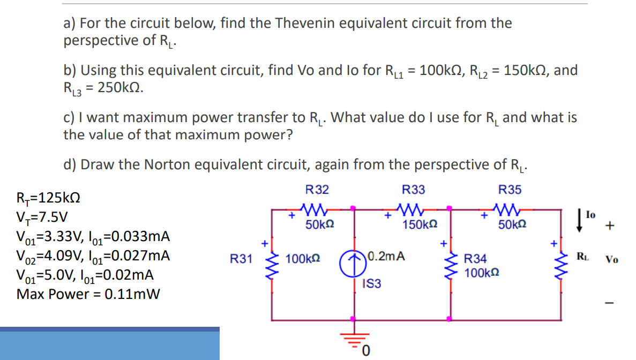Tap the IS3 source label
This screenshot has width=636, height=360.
[x=372, y=284]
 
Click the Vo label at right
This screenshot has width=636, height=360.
[x=612, y=260]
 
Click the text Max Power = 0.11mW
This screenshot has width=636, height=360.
[x=88, y=294]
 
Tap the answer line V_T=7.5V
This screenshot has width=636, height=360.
[x=43, y=217]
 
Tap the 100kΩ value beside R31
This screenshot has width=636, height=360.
[x=303, y=259]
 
